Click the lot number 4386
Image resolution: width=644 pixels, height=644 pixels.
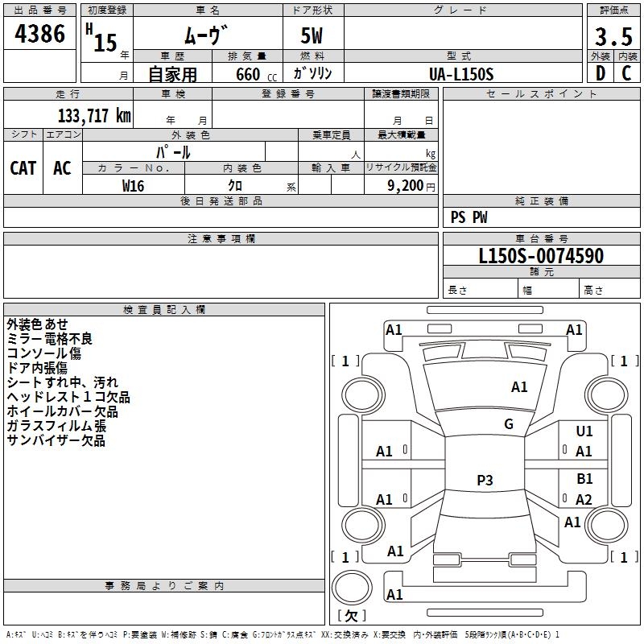tap(40, 34)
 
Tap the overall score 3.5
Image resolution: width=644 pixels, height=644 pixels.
tap(613, 37)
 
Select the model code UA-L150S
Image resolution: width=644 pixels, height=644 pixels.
tap(461, 73)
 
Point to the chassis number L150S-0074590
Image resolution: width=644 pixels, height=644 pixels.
tap(541, 256)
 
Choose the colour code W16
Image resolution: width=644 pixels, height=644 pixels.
tap(134, 185)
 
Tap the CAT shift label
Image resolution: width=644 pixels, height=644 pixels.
tap(23, 167)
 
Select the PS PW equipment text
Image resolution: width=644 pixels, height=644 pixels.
tap(469, 217)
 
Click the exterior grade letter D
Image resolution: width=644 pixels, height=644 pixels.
tap(600, 73)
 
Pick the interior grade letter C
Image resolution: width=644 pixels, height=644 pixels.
tap(626, 73)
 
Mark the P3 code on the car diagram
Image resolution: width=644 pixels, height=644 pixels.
tap(485, 481)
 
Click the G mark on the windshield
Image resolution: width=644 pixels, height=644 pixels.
tap(509, 424)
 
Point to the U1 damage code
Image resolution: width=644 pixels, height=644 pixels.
tap(584, 431)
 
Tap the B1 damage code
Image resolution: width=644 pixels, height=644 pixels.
tap(584, 479)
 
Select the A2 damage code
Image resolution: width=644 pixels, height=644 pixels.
tap(584, 500)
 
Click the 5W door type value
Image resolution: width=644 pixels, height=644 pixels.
tap(313, 37)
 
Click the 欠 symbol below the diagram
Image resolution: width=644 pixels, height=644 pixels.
tap(351, 615)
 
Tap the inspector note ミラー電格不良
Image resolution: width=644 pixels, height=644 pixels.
tap(50, 339)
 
